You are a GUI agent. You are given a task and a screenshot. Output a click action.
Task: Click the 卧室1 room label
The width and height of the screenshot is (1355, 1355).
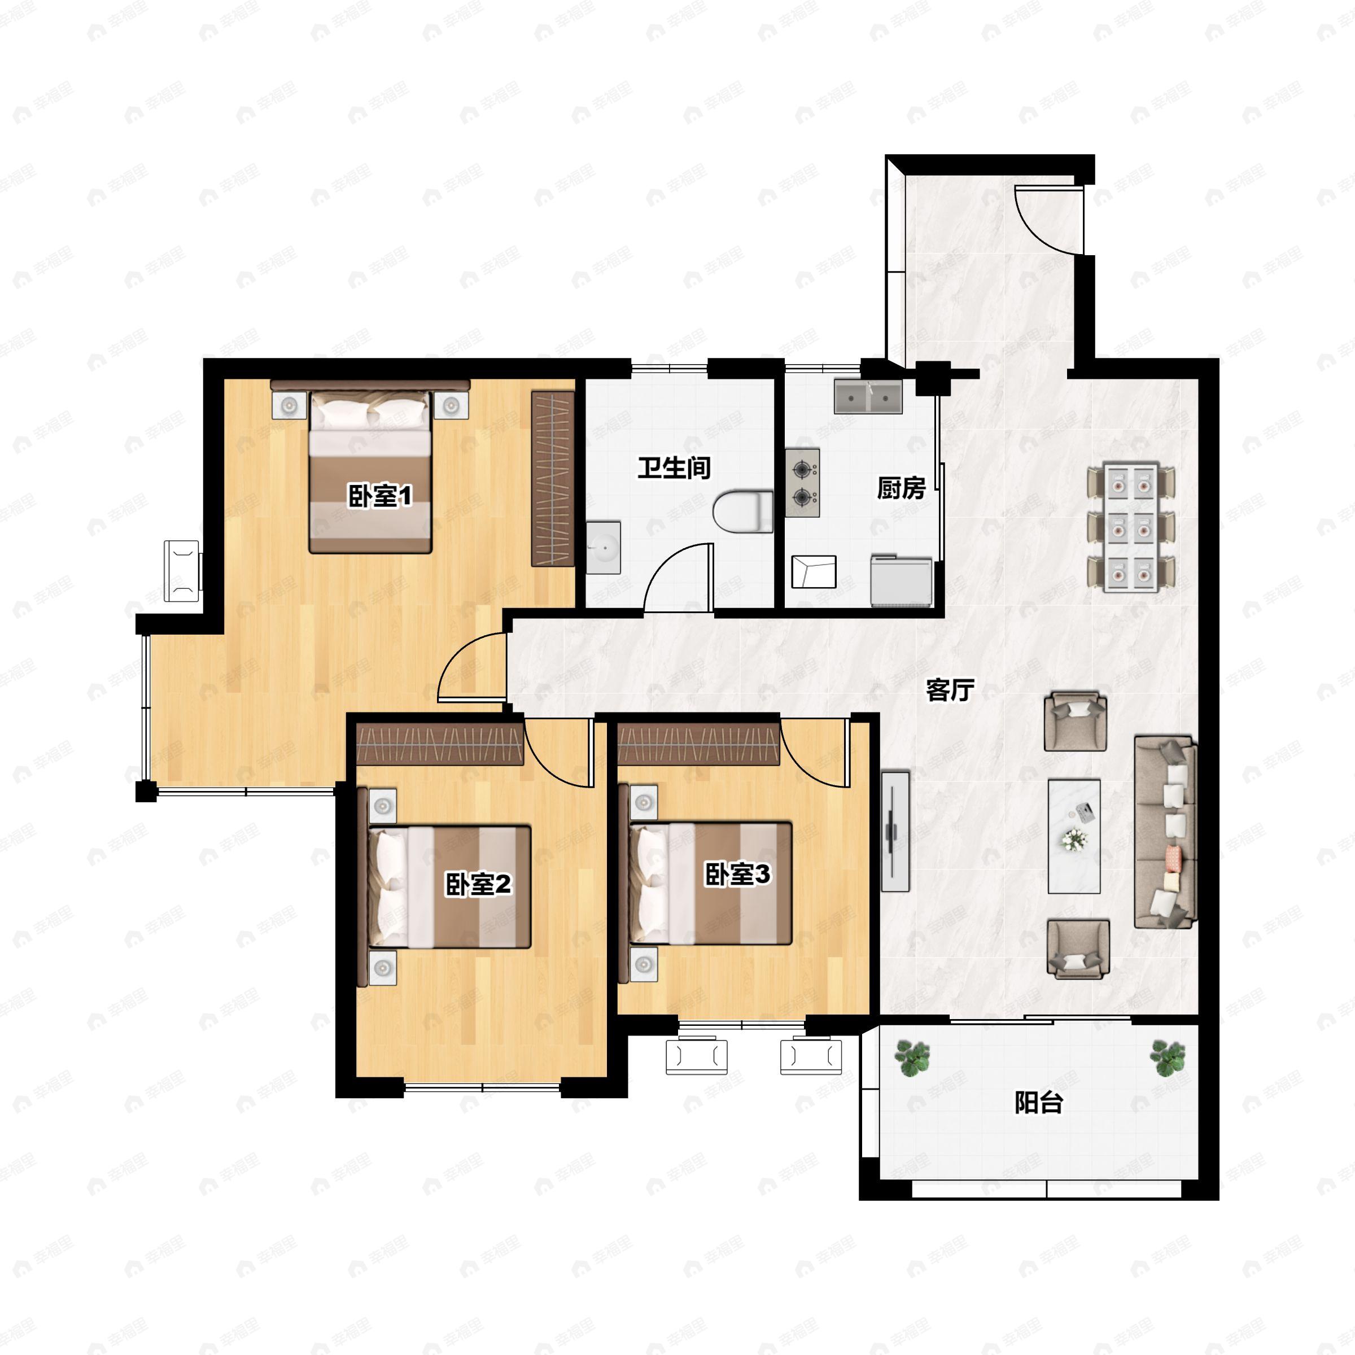click(380, 497)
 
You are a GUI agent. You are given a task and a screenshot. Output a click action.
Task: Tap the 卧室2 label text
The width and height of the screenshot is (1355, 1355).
click(478, 884)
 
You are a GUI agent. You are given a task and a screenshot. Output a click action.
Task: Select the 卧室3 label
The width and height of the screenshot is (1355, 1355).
click(738, 874)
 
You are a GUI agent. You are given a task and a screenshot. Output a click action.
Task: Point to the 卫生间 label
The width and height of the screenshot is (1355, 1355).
click(674, 468)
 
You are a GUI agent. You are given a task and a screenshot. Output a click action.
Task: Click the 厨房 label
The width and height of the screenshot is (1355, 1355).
click(901, 488)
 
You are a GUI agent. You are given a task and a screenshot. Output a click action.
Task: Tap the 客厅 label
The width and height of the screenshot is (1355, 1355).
click(950, 690)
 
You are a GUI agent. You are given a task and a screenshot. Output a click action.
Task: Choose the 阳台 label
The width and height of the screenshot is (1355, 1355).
click(1039, 1103)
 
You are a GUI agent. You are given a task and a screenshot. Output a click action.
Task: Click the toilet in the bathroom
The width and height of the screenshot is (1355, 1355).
click(743, 513)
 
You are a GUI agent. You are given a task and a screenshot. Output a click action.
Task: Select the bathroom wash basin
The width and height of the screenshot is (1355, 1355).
click(603, 547)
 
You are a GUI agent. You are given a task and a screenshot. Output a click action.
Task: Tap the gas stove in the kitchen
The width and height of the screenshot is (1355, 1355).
click(802, 483)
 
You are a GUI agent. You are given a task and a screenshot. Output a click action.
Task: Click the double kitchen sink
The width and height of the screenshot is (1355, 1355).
click(868, 397)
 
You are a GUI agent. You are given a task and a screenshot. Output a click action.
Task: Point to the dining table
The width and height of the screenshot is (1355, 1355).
click(1131, 526)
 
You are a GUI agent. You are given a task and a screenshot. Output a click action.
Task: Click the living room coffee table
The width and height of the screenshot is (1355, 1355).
click(1074, 836)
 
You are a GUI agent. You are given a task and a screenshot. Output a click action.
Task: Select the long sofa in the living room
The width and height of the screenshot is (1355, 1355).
click(1165, 832)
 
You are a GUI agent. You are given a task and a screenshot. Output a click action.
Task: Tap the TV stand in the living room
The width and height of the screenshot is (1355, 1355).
click(895, 832)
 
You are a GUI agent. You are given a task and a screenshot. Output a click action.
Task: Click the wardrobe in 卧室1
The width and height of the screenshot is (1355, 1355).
click(553, 478)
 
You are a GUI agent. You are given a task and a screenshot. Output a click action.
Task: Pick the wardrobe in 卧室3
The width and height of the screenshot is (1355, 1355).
click(698, 743)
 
